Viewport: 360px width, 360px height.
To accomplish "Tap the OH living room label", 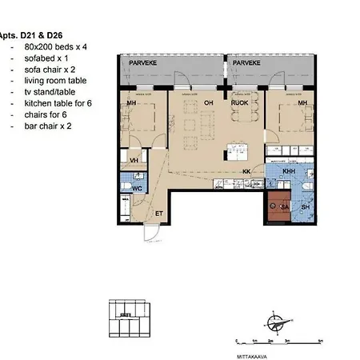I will pyautogui.click(x=208, y=102).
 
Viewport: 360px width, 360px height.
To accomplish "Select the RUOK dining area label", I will pyautogui.click(x=238, y=102).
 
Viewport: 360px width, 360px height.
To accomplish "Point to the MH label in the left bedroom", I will pyautogui.click(x=133, y=102).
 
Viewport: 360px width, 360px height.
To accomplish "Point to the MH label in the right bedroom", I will pyautogui.click(x=302, y=102).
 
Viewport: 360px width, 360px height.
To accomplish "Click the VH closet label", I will pyautogui.click(x=134, y=160).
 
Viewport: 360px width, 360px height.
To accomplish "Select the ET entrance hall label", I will pyautogui.click(x=159, y=213).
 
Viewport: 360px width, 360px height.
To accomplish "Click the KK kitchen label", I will pyautogui.click(x=247, y=170).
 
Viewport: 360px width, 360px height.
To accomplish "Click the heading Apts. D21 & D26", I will pyautogui.click(x=28, y=36).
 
